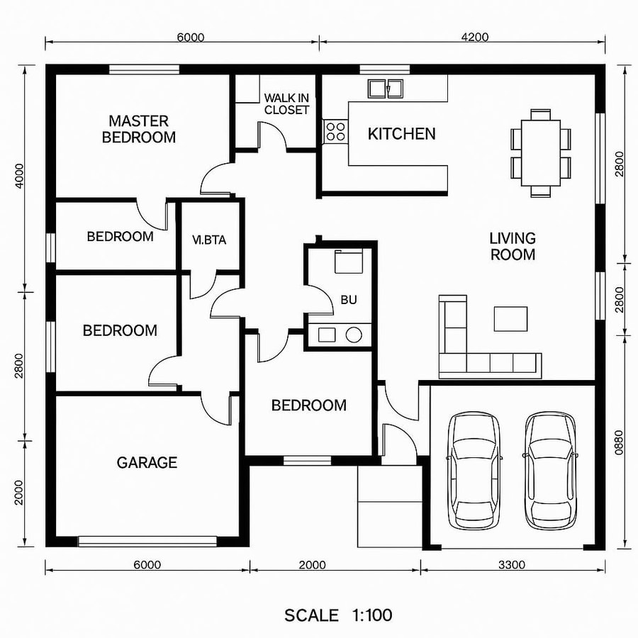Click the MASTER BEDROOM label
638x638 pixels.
tap(139, 129)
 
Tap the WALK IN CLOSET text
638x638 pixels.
tap(286, 103)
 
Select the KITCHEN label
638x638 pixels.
tap(401, 133)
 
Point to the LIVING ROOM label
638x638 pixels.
tap(513, 246)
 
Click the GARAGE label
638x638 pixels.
tap(147, 463)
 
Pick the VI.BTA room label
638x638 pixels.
tap(209, 240)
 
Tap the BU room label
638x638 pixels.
tap(349, 300)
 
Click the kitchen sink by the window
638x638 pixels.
tap(385, 89)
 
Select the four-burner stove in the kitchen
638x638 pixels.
tap(335, 130)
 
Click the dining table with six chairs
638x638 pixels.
tap(541, 152)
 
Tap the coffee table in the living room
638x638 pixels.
tap(511, 318)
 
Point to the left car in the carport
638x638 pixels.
tap(474, 470)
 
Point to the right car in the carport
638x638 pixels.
tap(550, 470)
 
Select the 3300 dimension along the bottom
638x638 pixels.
tap(512, 565)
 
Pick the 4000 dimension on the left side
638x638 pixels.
tap(20, 177)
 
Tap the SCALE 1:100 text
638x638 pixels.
tap(338, 615)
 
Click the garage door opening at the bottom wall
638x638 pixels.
tap(147, 542)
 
